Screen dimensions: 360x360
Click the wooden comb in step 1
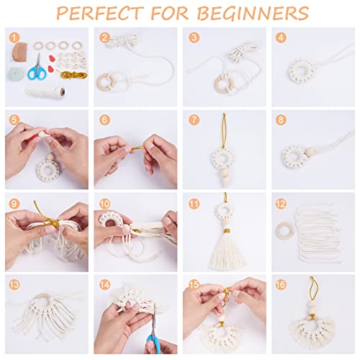point(20,52)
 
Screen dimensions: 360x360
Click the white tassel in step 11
point(223,248)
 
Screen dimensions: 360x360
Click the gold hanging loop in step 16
point(314,292)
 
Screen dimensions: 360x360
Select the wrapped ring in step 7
point(224,157)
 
